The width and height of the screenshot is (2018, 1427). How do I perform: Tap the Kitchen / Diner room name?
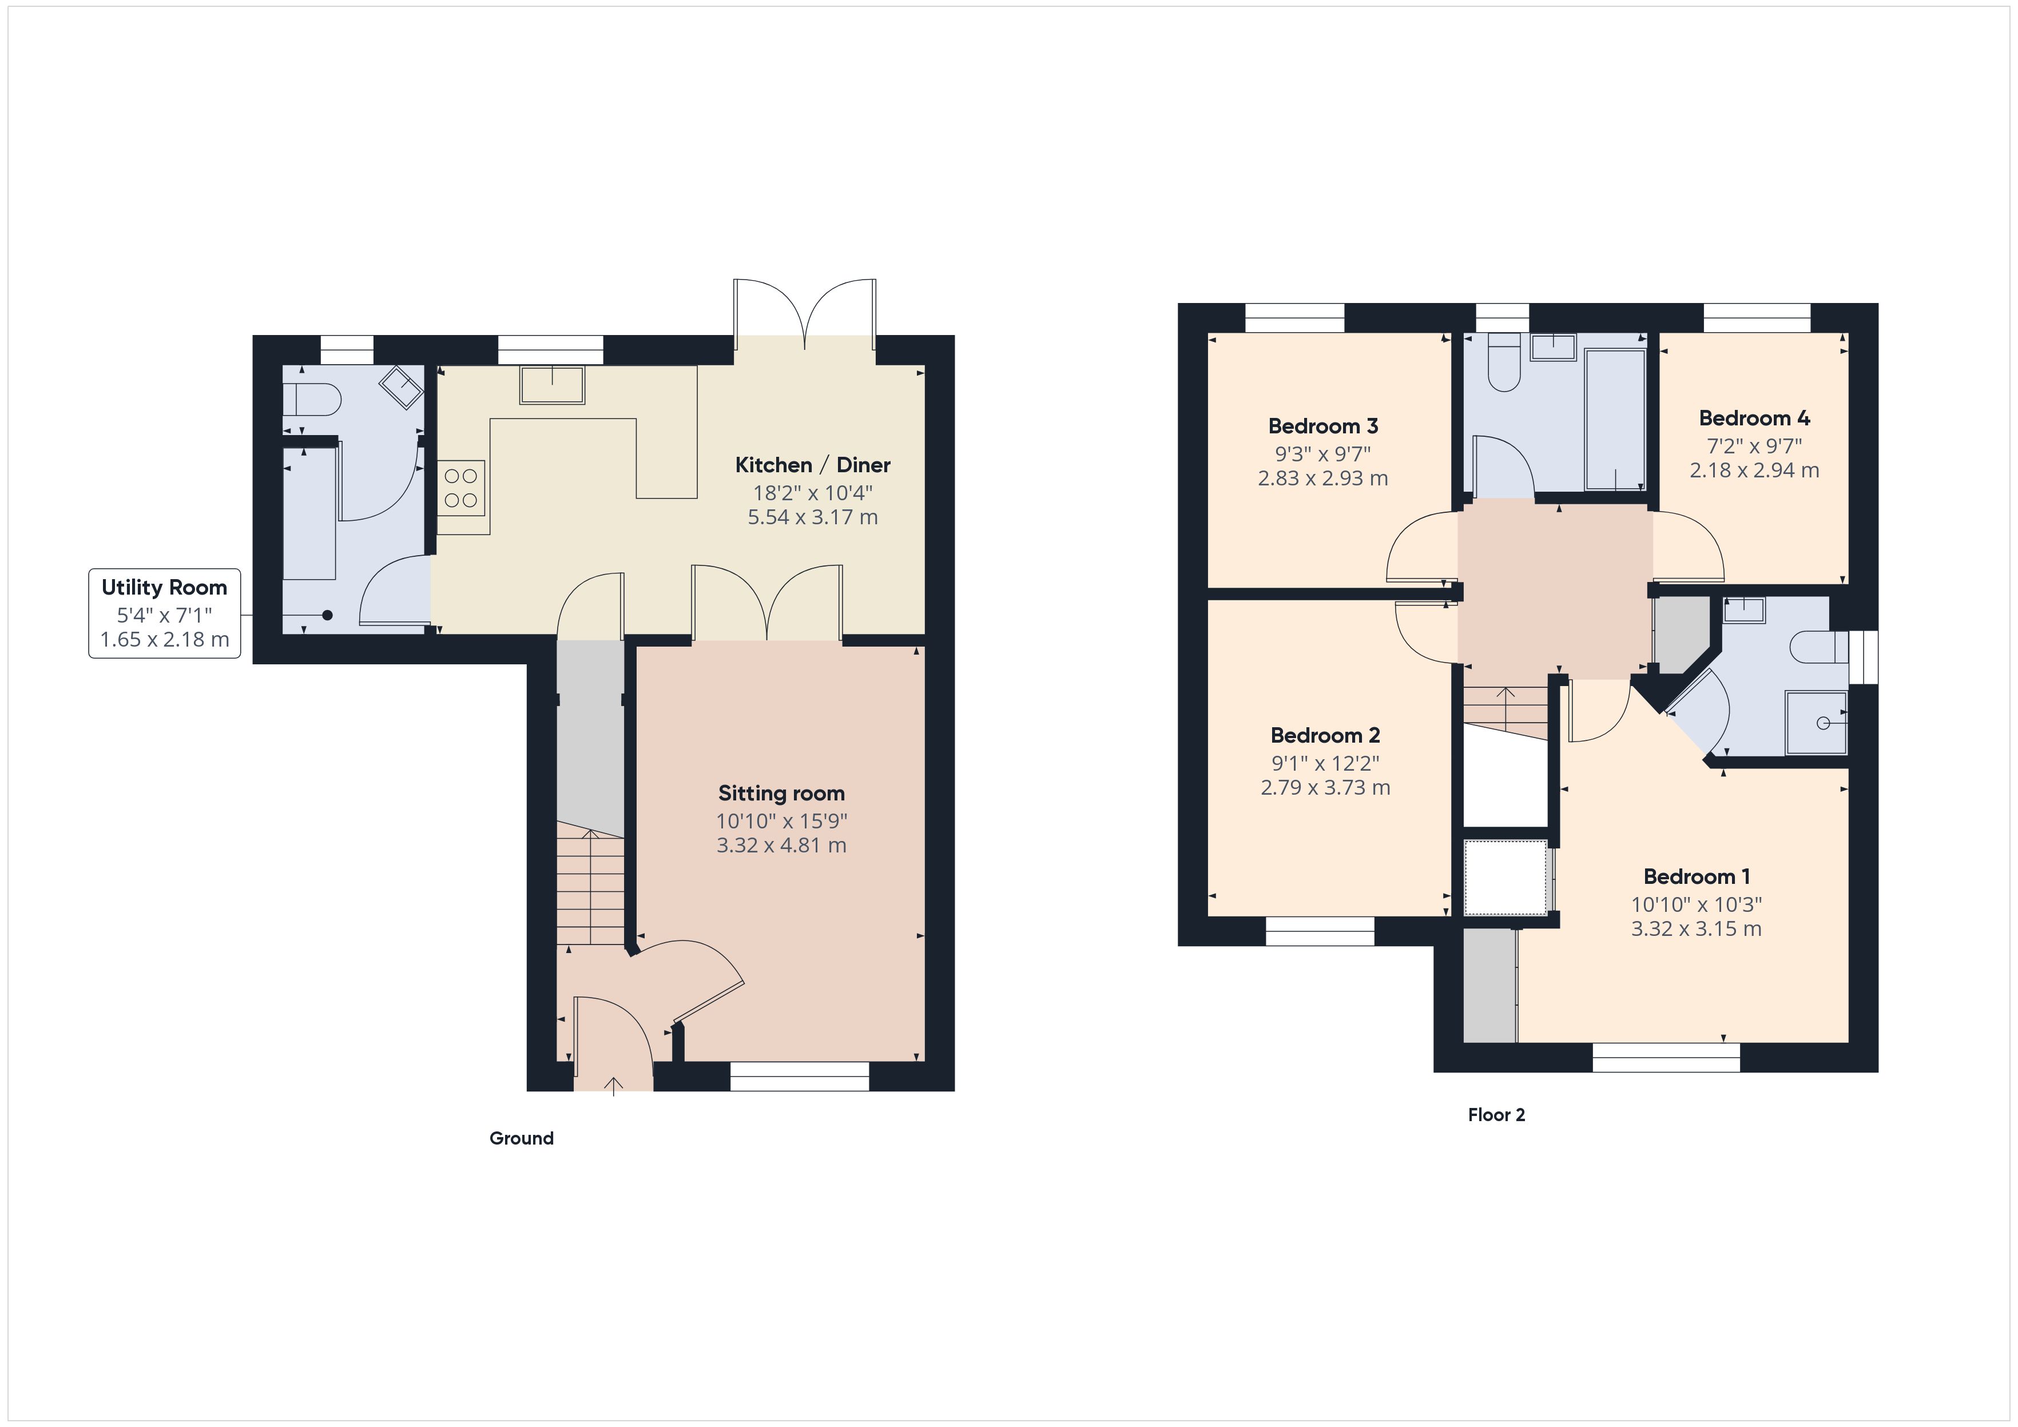[812, 465]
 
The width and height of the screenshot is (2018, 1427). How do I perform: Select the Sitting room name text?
[781, 794]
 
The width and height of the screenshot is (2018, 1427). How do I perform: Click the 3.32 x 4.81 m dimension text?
[781, 846]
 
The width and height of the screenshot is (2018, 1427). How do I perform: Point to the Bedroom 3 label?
[1323, 426]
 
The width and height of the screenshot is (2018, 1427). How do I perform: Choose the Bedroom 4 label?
[1753, 418]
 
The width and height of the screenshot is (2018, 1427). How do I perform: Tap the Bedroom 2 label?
[1325, 735]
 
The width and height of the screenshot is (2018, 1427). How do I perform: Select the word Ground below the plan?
[521, 1138]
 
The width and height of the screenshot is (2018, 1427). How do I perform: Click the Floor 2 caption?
[1496, 1114]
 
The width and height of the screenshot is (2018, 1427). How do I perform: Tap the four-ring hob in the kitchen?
[462, 488]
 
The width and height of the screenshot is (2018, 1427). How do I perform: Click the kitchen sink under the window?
[552, 385]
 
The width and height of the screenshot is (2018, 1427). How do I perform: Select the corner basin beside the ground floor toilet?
[401, 386]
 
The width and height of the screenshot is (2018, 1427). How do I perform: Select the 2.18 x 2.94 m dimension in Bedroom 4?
[1753, 470]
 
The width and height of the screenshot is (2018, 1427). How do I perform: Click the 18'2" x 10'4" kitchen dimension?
[812, 493]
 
